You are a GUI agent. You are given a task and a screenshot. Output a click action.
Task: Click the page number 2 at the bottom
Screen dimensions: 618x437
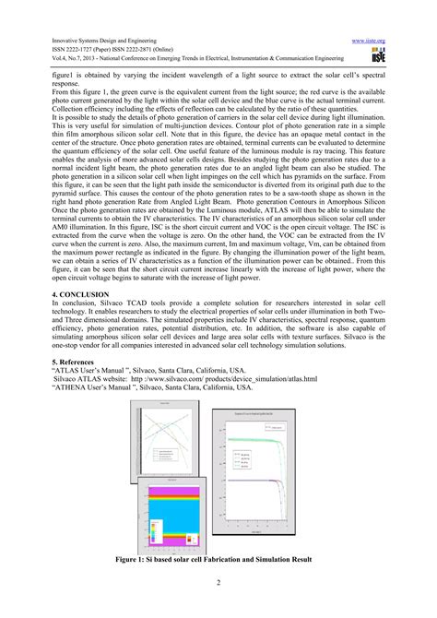(218, 581)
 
